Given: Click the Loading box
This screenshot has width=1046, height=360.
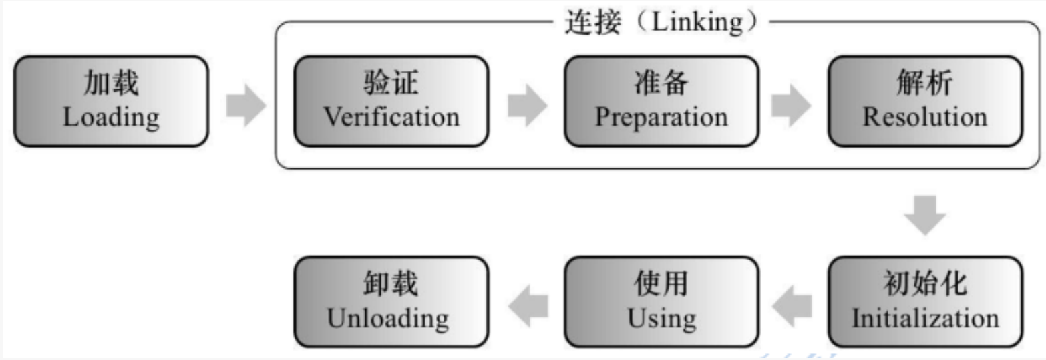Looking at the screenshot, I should pyautogui.click(x=111, y=102).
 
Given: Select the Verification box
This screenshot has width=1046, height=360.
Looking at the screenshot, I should pyautogui.click(x=391, y=102).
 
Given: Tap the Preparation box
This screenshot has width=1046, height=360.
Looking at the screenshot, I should pyautogui.click(x=661, y=102).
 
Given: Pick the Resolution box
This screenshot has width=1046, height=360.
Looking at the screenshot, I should pyautogui.click(x=925, y=102).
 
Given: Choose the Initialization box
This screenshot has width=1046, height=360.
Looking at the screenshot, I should pyautogui.click(x=925, y=301).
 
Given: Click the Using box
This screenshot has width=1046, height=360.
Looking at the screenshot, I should pyautogui.click(x=661, y=301).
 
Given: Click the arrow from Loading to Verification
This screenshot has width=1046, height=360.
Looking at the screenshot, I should pyautogui.click(x=245, y=106).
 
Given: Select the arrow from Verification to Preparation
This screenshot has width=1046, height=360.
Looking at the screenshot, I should pyautogui.click(x=526, y=106).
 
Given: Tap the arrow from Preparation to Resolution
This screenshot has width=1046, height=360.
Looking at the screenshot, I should pyautogui.click(x=792, y=106).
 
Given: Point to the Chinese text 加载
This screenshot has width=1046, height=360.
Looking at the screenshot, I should pyautogui.click(x=111, y=85).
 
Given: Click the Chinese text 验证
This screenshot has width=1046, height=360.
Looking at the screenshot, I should pyautogui.click(x=391, y=85).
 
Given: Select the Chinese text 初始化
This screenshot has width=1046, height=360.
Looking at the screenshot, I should pyautogui.click(x=925, y=285).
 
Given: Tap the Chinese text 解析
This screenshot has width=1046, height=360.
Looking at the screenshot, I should pyautogui.click(x=925, y=85).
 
